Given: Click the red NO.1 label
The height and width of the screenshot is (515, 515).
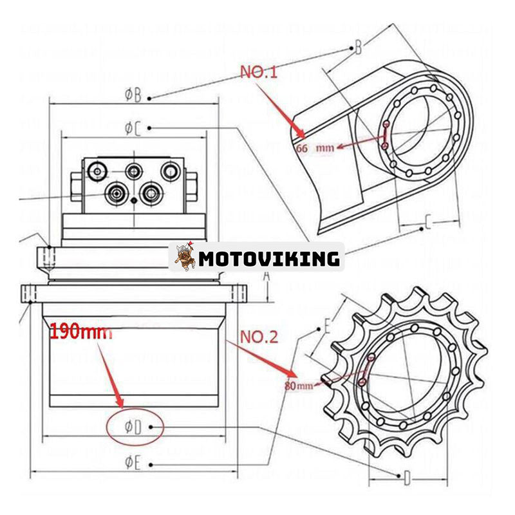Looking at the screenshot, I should pyautogui.click(x=258, y=71).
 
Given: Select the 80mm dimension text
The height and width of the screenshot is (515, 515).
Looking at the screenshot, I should pyautogui.click(x=298, y=386).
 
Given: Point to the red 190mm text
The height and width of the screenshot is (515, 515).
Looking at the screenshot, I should pyautogui.click(x=80, y=332).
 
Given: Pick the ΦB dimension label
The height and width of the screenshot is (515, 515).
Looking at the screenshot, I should pyautogui.click(x=133, y=95).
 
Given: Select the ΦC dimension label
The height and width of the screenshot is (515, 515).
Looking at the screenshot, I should pyautogui.click(x=133, y=127).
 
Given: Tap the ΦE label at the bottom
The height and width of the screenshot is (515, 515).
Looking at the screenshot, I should pyautogui.click(x=133, y=462).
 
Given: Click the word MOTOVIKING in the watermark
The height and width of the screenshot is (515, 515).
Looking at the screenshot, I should pyautogui.click(x=268, y=258).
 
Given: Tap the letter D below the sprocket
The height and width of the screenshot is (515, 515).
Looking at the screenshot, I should pyautogui.click(x=407, y=477).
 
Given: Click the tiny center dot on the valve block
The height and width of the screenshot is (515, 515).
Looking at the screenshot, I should pyautogui.click(x=134, y=200).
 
